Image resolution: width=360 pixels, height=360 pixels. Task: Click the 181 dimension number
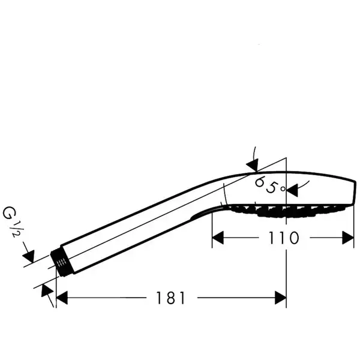pyautogui.click(x=170, y=298)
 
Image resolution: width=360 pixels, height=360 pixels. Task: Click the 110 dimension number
pyautogui.click(x=284, y=238)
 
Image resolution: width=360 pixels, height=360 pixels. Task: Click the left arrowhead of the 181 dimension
pyautogui.click(x=62, y=298)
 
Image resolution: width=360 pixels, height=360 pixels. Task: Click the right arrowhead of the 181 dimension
pyautogui.click(x=281, y=298)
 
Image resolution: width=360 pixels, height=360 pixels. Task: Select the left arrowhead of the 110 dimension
pyautogui.click(x=218, y=238)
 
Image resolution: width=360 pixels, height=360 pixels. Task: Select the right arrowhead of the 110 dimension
pyautogui.click(x=348, y=238)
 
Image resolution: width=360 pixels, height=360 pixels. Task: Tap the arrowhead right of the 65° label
pyautogui.click(x=292, y=190)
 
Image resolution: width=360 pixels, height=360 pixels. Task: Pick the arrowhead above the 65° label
pyautogui.click(x=253, y=165)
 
